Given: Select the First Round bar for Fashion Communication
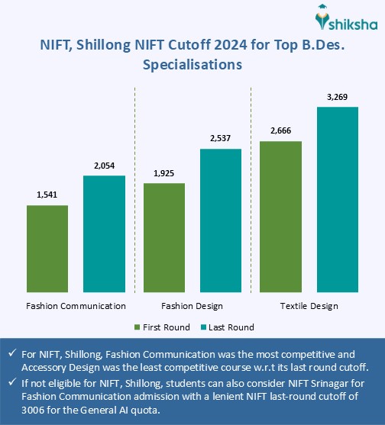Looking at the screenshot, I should (47, 248).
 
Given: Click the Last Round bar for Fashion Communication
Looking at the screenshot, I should (104, 233).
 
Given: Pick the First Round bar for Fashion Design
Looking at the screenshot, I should (163, 237).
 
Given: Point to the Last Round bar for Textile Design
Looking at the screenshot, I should (337, 198).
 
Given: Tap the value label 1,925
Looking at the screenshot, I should (163, 174).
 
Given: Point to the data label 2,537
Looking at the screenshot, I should (220, 139).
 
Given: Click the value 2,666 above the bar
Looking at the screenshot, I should (280, 131).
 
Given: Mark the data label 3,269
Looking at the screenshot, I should (337, 97).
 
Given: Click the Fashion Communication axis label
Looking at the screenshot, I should (76, 306).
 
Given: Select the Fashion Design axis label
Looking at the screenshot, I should (192, 306).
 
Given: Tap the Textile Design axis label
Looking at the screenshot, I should (309, 306).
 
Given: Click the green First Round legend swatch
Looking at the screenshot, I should (138, 327).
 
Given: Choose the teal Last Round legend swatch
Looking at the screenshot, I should (205, 327).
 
